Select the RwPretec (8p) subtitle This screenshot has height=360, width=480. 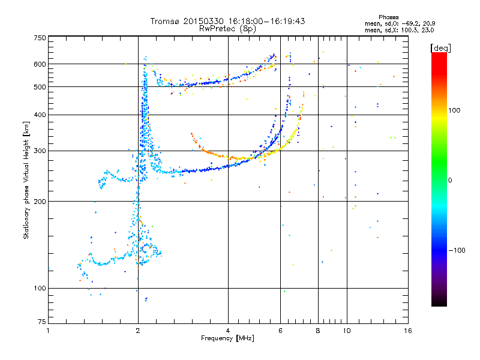[227, 29]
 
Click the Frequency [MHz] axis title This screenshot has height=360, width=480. [227, 338]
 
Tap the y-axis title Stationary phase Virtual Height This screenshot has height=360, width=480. [26, 180]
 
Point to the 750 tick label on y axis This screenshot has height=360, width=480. [40, 38]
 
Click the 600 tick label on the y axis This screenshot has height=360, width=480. [40, 64]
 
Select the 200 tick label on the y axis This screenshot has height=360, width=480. [40, 202]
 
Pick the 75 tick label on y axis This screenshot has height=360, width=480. [42, 322]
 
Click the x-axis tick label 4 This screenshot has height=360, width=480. [228, 331]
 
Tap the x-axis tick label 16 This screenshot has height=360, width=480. [408, 331]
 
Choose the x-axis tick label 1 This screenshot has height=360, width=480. [48, 331]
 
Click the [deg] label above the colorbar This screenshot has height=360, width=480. [440, 49]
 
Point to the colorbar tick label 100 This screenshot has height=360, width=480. [454, 110]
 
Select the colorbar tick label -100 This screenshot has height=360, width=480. [457, 250]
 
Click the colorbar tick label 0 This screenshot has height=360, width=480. [450, 181]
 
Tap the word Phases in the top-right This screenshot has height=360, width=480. [388, 17]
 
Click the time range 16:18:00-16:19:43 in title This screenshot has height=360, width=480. [266, 21]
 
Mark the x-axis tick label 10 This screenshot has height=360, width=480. [347, 331]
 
